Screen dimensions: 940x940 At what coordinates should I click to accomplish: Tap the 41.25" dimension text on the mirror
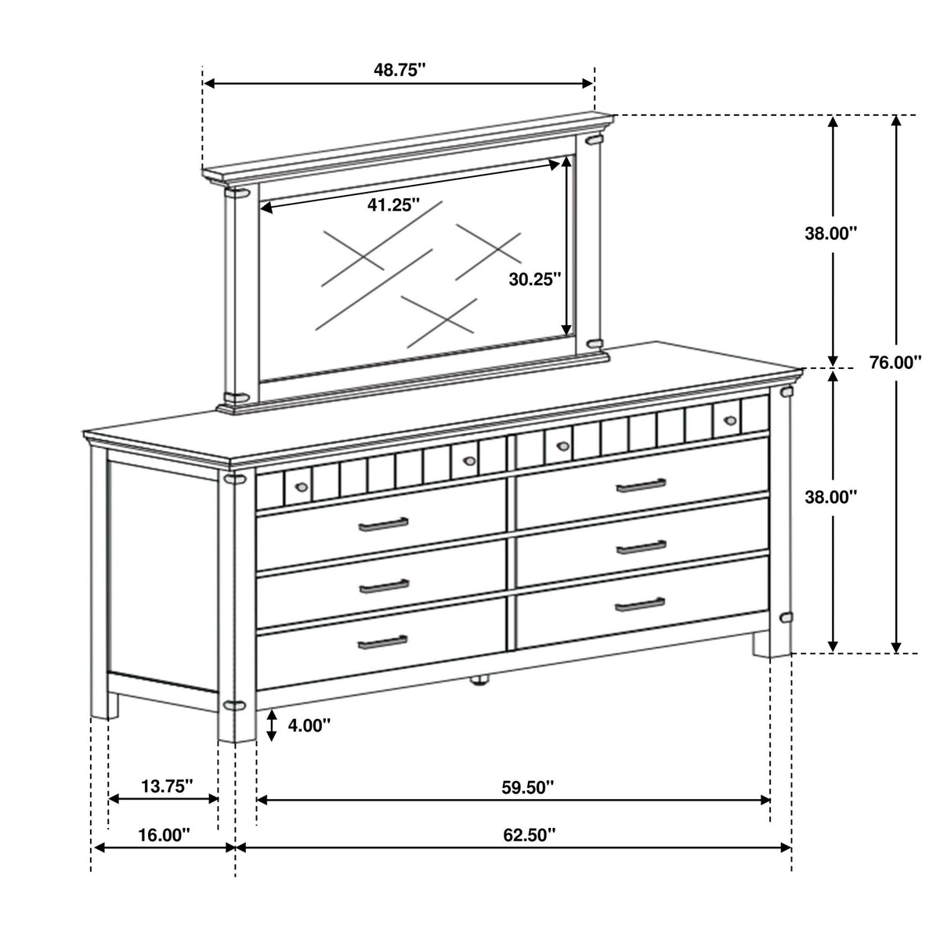[393, 205]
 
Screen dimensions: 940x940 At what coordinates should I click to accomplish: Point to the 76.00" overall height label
[895, 362]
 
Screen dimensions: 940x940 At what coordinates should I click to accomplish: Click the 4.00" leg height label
[309, 725]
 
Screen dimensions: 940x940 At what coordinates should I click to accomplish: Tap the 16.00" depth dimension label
[164, 834]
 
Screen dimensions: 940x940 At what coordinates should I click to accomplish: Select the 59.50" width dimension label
[528, 786]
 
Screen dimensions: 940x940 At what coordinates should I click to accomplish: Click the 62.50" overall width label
[530, 834]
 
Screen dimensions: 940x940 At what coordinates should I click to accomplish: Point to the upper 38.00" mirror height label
[831, 233]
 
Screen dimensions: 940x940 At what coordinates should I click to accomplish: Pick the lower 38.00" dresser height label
[831, 497]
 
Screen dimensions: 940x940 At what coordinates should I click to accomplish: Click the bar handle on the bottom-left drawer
[382, 642]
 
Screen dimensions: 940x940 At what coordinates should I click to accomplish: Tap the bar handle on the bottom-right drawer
[640, 605]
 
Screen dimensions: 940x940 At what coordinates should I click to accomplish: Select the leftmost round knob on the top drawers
[302, 486]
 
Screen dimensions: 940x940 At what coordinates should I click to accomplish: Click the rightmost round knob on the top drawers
[730, 420]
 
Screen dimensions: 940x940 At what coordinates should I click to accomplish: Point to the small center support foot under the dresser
[480, 680]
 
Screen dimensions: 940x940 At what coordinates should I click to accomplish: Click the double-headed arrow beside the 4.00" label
[272, 726]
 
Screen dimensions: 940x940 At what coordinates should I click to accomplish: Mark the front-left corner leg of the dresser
[237, 606]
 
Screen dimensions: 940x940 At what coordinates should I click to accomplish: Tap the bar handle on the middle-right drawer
[642, 548]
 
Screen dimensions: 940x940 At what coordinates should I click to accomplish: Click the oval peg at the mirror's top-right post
[594, 140]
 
